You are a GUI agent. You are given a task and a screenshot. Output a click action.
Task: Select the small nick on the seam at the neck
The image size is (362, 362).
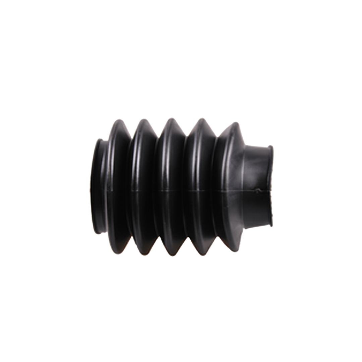point(258,191)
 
